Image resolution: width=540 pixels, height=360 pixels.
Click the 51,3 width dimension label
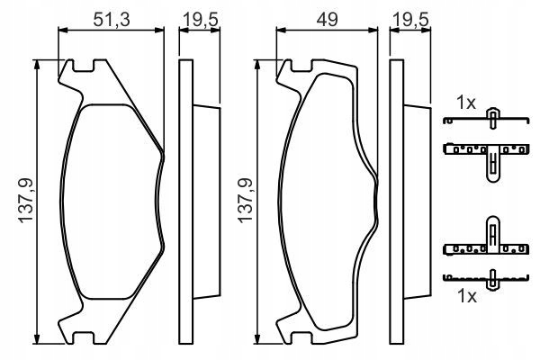(112, 20)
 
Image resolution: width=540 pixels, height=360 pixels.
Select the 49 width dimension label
(328, 20)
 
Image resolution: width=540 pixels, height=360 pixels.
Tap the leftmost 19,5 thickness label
(201, 20)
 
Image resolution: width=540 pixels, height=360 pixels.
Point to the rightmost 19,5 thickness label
(411, 20)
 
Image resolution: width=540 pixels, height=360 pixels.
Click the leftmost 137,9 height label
(26, 201)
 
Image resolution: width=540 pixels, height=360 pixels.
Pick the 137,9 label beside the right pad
(246, 201)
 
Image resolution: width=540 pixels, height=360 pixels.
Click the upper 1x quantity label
(465, 103)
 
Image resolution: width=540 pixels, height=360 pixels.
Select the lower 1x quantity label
(466, 296)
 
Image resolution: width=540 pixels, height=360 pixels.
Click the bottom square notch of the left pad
(83, 339)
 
